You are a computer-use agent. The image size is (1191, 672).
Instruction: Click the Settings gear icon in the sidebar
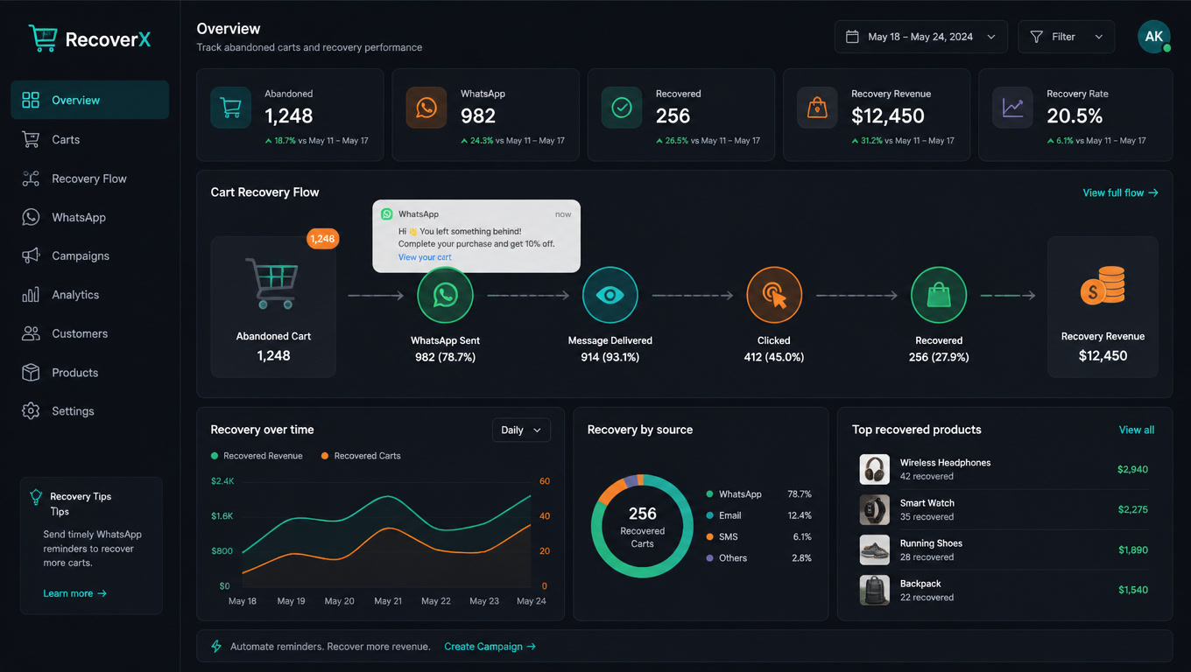(x=31, y=411)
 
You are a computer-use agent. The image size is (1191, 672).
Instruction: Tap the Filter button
(x=1066, y=37)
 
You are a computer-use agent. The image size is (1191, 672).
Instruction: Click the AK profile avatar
(x=1154, y=37)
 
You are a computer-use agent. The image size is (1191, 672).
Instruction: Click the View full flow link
(x=1120, y=192)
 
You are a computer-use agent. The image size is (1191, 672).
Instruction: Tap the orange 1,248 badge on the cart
(x=323, y=239)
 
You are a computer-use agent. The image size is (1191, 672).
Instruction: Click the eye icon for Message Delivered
(x=610, y=295)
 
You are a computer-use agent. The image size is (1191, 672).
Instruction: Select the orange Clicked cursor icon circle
(x=774, y=295)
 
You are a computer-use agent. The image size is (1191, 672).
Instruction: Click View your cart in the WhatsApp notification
(x=425, y=257)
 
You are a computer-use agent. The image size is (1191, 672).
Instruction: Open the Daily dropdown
(x=521, y=430)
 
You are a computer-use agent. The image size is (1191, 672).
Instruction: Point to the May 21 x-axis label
(x=388, y=601)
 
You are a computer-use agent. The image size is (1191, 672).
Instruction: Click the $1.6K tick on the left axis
(x=222, y=516)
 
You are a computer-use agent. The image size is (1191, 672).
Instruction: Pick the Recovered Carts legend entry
(x=361, y=456)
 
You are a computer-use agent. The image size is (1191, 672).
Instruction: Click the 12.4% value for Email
(x=800, y=515)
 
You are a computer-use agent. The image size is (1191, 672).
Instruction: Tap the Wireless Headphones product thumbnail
(x=875, y=469)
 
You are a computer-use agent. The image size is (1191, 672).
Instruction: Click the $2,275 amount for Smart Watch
(x=1133, y=509)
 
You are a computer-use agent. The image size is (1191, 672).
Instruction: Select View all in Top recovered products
(x=1137, y=430)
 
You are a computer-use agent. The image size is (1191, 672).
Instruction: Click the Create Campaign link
(x=490, y=647)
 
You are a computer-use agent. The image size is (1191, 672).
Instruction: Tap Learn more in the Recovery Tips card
(x=75, y=593)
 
